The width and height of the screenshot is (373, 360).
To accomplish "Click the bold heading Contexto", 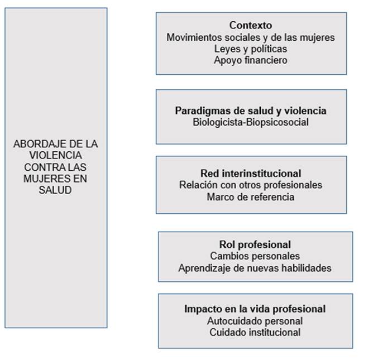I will pos(251,26).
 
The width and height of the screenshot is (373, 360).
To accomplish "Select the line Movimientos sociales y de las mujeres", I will pos(251,37).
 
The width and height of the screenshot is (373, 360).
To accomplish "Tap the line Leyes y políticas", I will pos(251,49).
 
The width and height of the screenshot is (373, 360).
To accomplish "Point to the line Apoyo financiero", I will pos(251,60).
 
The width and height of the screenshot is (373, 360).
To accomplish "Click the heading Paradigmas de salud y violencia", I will pos(251,111).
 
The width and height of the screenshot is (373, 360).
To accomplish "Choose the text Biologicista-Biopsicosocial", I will pos(251,122).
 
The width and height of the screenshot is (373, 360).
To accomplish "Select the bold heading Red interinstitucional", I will pos(251,173).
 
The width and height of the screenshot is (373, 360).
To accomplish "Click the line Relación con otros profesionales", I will pos(251,185).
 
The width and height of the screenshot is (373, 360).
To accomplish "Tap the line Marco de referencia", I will pos(251,196).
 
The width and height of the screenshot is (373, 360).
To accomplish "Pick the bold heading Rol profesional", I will pos(255,244).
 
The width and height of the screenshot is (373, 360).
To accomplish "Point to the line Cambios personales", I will pos(255,256).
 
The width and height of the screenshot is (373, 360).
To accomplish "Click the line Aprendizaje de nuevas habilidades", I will pos(255,268).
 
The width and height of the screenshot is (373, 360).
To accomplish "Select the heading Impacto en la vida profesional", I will pos(255,309).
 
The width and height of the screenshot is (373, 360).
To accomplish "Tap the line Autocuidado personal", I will pos(255,321).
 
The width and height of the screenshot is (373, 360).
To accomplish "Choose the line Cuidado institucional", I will pos(255,332).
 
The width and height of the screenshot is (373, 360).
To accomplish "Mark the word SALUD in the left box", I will pos(56,190).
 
